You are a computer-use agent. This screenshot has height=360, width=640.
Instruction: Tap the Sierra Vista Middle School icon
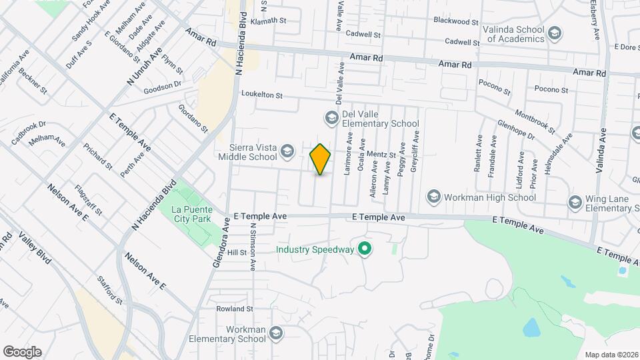tap(287, 151)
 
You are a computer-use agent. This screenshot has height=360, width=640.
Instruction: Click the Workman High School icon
tap(434, 197)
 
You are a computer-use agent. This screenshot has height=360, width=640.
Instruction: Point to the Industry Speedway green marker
tap(364, 250)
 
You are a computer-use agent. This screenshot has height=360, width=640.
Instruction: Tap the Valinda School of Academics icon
tap(554, 33)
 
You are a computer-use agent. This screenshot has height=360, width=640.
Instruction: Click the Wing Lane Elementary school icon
tap(575, 202)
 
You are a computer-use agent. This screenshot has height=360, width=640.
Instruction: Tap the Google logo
tap(22, 352)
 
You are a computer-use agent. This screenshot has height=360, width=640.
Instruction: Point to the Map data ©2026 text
tap(611, 354)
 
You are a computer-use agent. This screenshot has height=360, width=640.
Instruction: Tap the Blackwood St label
tap(456, 21)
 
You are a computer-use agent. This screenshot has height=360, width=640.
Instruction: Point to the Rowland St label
tap(235, 309)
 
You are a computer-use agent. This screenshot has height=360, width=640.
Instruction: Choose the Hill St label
tap(237, 253)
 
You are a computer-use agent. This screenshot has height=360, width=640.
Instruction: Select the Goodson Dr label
tap(163, 85)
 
